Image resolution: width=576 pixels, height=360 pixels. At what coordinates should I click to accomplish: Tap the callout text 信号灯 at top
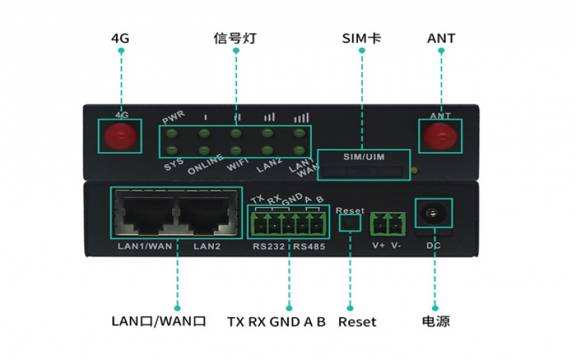235,37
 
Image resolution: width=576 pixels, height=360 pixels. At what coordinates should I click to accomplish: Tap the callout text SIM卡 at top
361,37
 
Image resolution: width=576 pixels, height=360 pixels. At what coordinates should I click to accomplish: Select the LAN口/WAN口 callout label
159,321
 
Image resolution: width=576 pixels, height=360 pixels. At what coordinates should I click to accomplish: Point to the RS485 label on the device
309,246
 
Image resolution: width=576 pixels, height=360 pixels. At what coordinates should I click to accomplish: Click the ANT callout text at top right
441,37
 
